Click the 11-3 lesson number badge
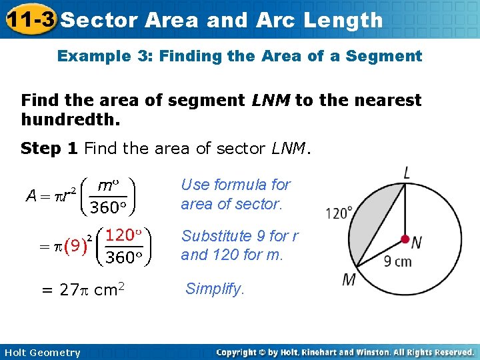coord(28,19)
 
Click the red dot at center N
coord(405,239)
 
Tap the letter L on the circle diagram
coord(406,173)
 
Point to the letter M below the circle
coord(349,279)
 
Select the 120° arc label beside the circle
coord(339,213)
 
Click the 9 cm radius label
coord(397,261)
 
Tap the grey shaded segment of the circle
coord(377,220)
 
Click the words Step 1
coord(49,148)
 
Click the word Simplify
coord(215,289)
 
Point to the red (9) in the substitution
coord(75,246)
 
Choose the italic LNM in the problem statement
coord(271,101)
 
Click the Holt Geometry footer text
coord(41,353)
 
